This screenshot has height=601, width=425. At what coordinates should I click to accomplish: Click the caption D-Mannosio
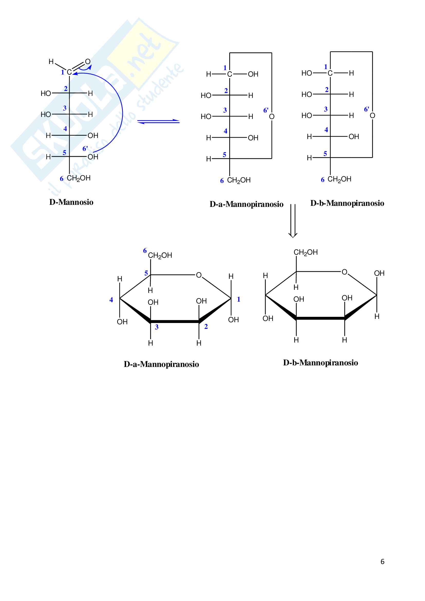pyautogui.click(x=71, y=202)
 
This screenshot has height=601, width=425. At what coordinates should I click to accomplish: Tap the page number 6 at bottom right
pyautogui.click(x=382, y=561)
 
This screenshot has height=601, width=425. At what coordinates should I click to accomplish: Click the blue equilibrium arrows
pyautogui.click(x=158, y=122)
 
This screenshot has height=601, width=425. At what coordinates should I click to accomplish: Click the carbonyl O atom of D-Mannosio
pyautogui.click(x=88, y=61)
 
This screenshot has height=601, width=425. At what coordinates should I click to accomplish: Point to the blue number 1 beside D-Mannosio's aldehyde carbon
pyautogui.click(x=62, y=72)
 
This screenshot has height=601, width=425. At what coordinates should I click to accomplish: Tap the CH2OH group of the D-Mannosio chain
pyautogui.click(x=79, y=178)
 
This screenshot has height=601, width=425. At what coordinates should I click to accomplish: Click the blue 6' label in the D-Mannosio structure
pyautogui.click(x=85, y=149)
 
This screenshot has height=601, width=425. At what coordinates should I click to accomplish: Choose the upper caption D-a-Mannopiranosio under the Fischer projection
pyautogui.click(x=246, y=204)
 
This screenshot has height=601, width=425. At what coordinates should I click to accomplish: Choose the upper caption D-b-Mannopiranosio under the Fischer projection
pyautogui.click(x=347, y=203)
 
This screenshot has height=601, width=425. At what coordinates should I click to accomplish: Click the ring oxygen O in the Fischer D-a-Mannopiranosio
pyautogui.click(x=272, y=117)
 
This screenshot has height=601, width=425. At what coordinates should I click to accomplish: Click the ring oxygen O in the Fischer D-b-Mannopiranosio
pyautogui.click(x=372, y=116)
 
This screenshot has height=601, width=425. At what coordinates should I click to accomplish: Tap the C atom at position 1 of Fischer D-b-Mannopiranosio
pyautogui.click(x=330, y=73)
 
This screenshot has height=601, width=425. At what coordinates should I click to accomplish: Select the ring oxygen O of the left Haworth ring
pyautogui.click(x=199, y=275)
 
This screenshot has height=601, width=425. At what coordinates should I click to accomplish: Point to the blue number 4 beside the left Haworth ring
pyautogui.click(x=111, y=300)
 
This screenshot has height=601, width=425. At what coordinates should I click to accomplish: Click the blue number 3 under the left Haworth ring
pyautogui.click(x=156, y=327)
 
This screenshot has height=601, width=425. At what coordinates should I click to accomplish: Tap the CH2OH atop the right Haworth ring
pyautogui.click(x=306, y=252)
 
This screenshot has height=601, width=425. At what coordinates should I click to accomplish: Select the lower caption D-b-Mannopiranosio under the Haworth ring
pyautogui.click(x=320, y=363)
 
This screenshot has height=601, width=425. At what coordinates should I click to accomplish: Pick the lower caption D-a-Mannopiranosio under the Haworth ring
pyautogui.click(x=161, y=364)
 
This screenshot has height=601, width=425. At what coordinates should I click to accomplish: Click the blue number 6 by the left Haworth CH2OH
pyautogui.click(x=145, y=251)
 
